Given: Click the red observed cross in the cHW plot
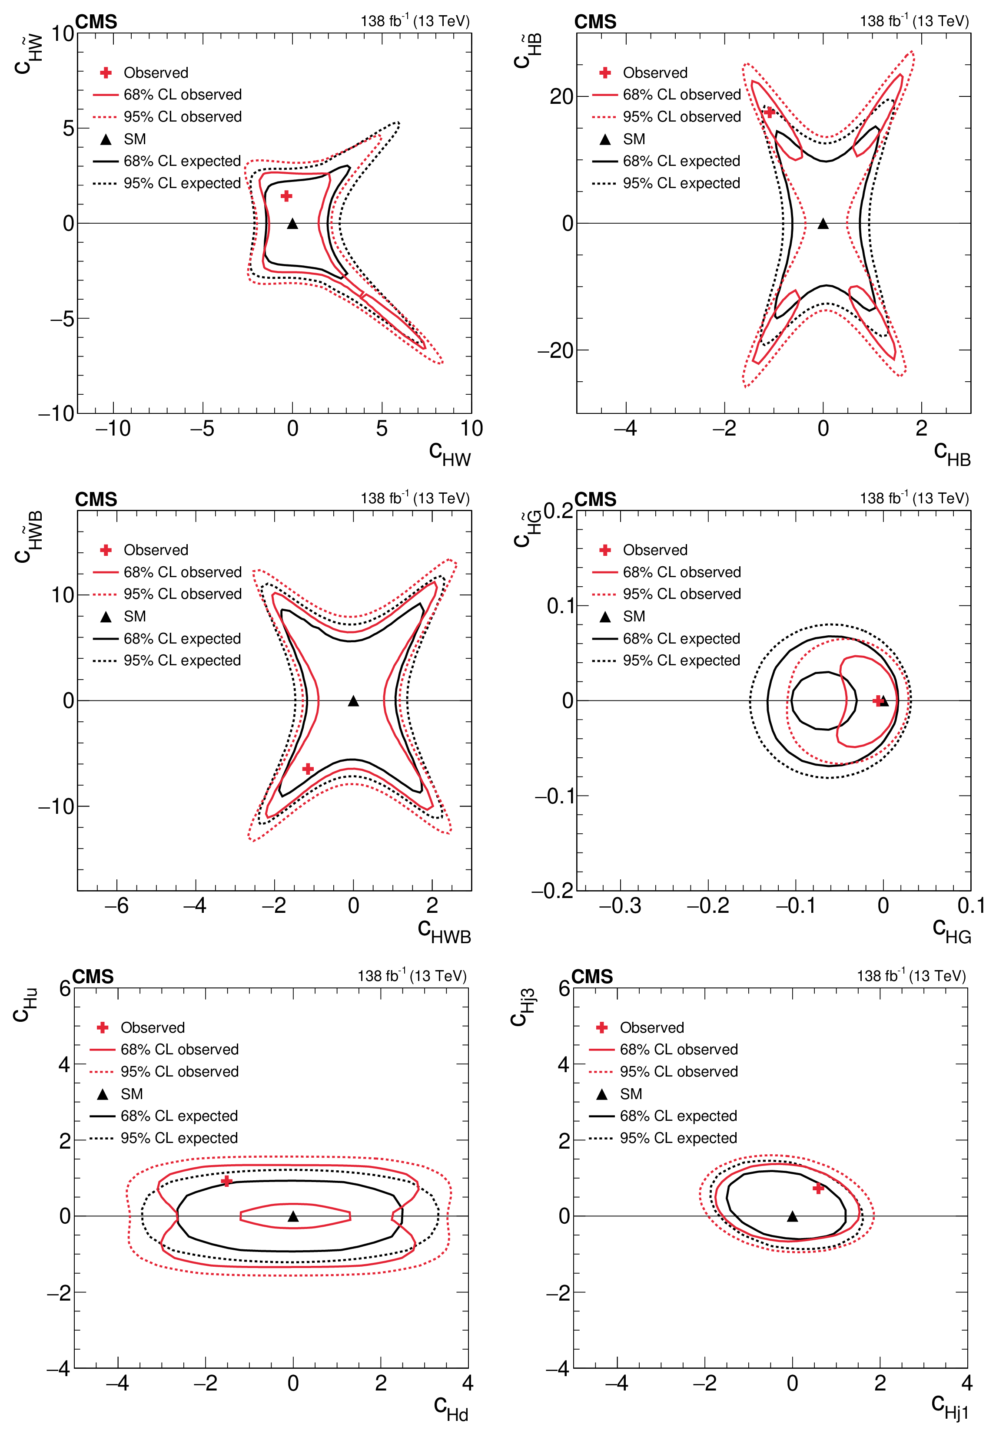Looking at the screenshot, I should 286,196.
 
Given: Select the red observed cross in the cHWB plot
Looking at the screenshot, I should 308,769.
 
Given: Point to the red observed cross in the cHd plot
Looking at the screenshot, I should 227,1181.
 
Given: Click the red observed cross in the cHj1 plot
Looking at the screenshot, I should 818,1189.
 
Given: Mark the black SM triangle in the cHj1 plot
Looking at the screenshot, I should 792,1216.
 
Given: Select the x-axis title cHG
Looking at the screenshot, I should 951,932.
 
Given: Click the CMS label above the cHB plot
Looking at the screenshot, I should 595,22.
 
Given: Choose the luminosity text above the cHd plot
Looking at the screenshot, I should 412,975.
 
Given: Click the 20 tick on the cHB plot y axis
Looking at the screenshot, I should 561,96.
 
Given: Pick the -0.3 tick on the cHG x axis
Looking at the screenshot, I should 620,905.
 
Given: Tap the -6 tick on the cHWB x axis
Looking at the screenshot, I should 116,905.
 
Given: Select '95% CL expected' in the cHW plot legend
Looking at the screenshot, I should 182,183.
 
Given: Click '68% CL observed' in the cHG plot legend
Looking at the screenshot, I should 681,572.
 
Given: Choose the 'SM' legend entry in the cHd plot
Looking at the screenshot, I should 132,1094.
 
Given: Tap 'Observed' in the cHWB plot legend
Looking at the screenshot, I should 156,550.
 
